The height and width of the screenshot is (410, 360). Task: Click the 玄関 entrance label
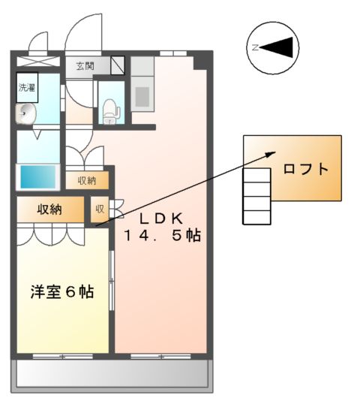point(85,66)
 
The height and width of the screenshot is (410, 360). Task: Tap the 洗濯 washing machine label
point(26,87)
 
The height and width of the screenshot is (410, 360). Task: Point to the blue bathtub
point(37,176)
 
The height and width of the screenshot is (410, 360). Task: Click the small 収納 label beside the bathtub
point(86,180)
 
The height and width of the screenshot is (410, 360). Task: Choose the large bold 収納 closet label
point(46,209)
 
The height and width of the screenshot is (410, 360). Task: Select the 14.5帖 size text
point(163,235)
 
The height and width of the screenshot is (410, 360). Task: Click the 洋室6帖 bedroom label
point(62,291)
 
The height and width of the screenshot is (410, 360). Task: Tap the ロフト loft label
point(305,169)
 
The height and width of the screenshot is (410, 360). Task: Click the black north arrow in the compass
point(279,48)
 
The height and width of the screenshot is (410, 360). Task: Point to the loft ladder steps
point(256,196)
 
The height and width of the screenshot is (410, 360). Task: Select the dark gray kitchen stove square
point(142,96)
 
